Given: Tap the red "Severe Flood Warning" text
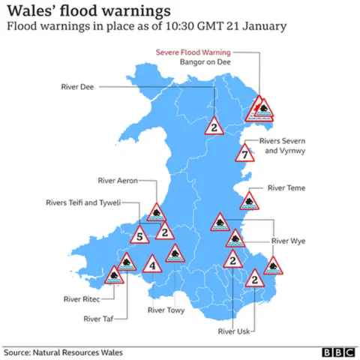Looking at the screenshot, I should point(193,52).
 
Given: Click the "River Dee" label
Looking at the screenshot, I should point(77,88).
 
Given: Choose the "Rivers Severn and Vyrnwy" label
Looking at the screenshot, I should point(283,145).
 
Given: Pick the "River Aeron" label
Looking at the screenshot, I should point(116,181).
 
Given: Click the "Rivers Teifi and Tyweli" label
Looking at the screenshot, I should point(82,202).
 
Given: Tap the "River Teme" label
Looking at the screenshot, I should point(286,190).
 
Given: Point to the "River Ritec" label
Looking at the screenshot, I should point(82,298).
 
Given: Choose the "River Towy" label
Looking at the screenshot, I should point(166,309).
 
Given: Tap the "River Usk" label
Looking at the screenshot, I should point(235,331).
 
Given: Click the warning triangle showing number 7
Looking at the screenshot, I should point(244,155).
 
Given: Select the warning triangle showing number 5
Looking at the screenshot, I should point(139,238).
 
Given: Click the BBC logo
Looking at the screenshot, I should point(337,352).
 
